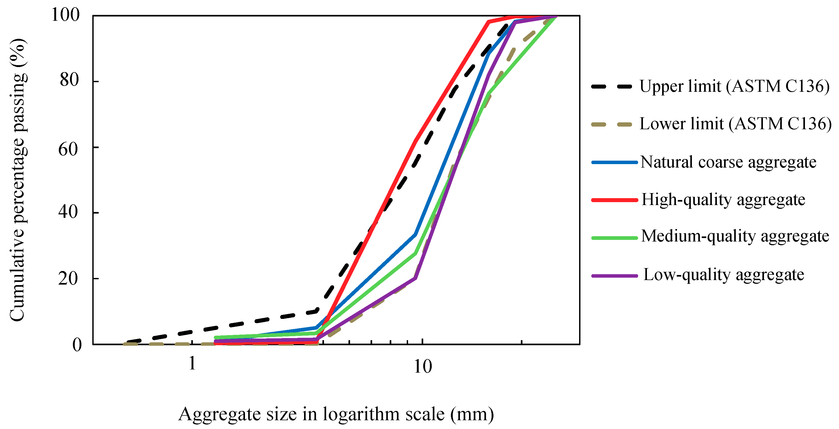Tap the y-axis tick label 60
(x=68, y=150)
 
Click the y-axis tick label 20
(x=68, y=278)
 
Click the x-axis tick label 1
(x=192, y=363)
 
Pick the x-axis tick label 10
(x=422, y=367)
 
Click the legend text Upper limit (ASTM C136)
(x=734, y=87)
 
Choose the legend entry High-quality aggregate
(x=723, y=200)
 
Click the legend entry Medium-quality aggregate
(x=735, y=236)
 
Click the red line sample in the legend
(x=614, y=200)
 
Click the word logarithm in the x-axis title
(x=361, y=415)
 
